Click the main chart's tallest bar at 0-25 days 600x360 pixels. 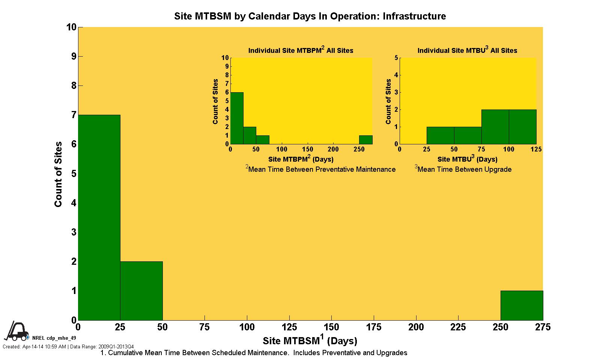click(x=99, y=217)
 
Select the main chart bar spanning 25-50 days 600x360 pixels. click(x=141, y=291)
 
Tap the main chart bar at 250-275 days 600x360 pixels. click(x=522, y=305)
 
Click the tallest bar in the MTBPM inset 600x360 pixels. click(x=237, y=118)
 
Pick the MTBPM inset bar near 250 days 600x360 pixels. click(x=365, y=140)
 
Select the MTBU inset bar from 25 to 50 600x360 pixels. click(x=440, y=135)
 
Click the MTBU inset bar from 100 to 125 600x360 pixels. click(x=522, y=127)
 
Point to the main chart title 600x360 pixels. click(x=310, y=16)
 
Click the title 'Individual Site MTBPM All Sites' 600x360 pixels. click(x=301, y=50)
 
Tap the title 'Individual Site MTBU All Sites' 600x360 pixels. click(x=467, y=50)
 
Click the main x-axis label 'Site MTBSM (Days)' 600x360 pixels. click(x=310, y=340)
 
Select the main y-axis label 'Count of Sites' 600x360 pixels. click(x=58, y=174)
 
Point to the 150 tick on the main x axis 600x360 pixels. click(x=331, y=327)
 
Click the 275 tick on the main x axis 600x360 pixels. click(x=543, y=327)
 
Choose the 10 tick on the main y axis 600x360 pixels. click(x=71, y=27)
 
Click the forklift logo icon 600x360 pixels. click(x=15, y=331)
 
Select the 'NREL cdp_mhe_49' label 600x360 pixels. click(x=54, y=338)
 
